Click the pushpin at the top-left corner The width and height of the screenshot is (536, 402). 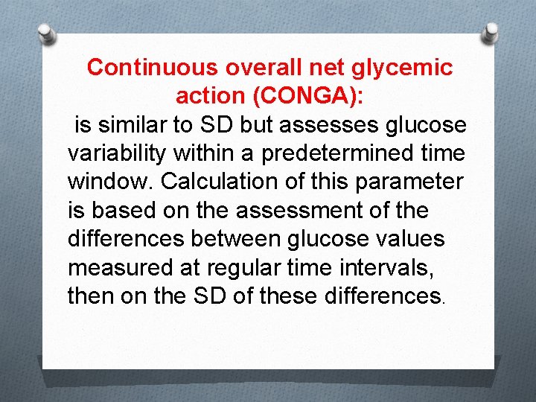click(x=47, y=33)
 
